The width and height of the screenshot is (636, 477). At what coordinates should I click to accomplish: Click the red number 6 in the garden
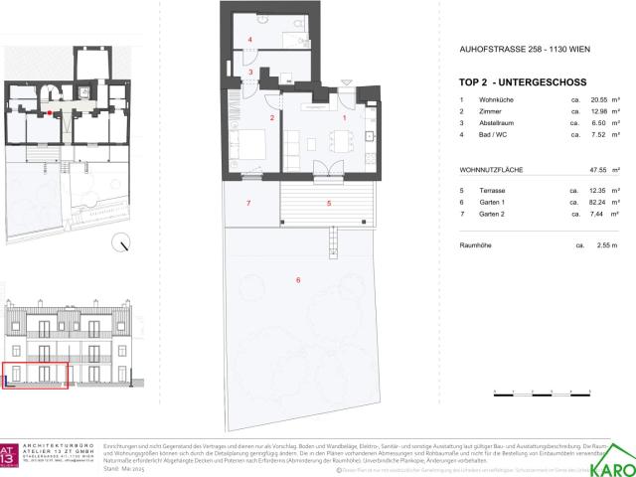[297, 280]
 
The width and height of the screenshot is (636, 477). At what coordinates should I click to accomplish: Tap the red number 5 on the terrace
[328, 203]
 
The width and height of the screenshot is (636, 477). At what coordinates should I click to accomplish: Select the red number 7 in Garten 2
[248, 203]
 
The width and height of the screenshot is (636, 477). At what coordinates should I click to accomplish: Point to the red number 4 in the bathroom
[250, 40]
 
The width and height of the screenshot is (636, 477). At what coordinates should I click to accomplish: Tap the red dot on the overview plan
[62, 114]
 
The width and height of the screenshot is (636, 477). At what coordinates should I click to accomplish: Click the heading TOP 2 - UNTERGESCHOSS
[523, 82]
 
